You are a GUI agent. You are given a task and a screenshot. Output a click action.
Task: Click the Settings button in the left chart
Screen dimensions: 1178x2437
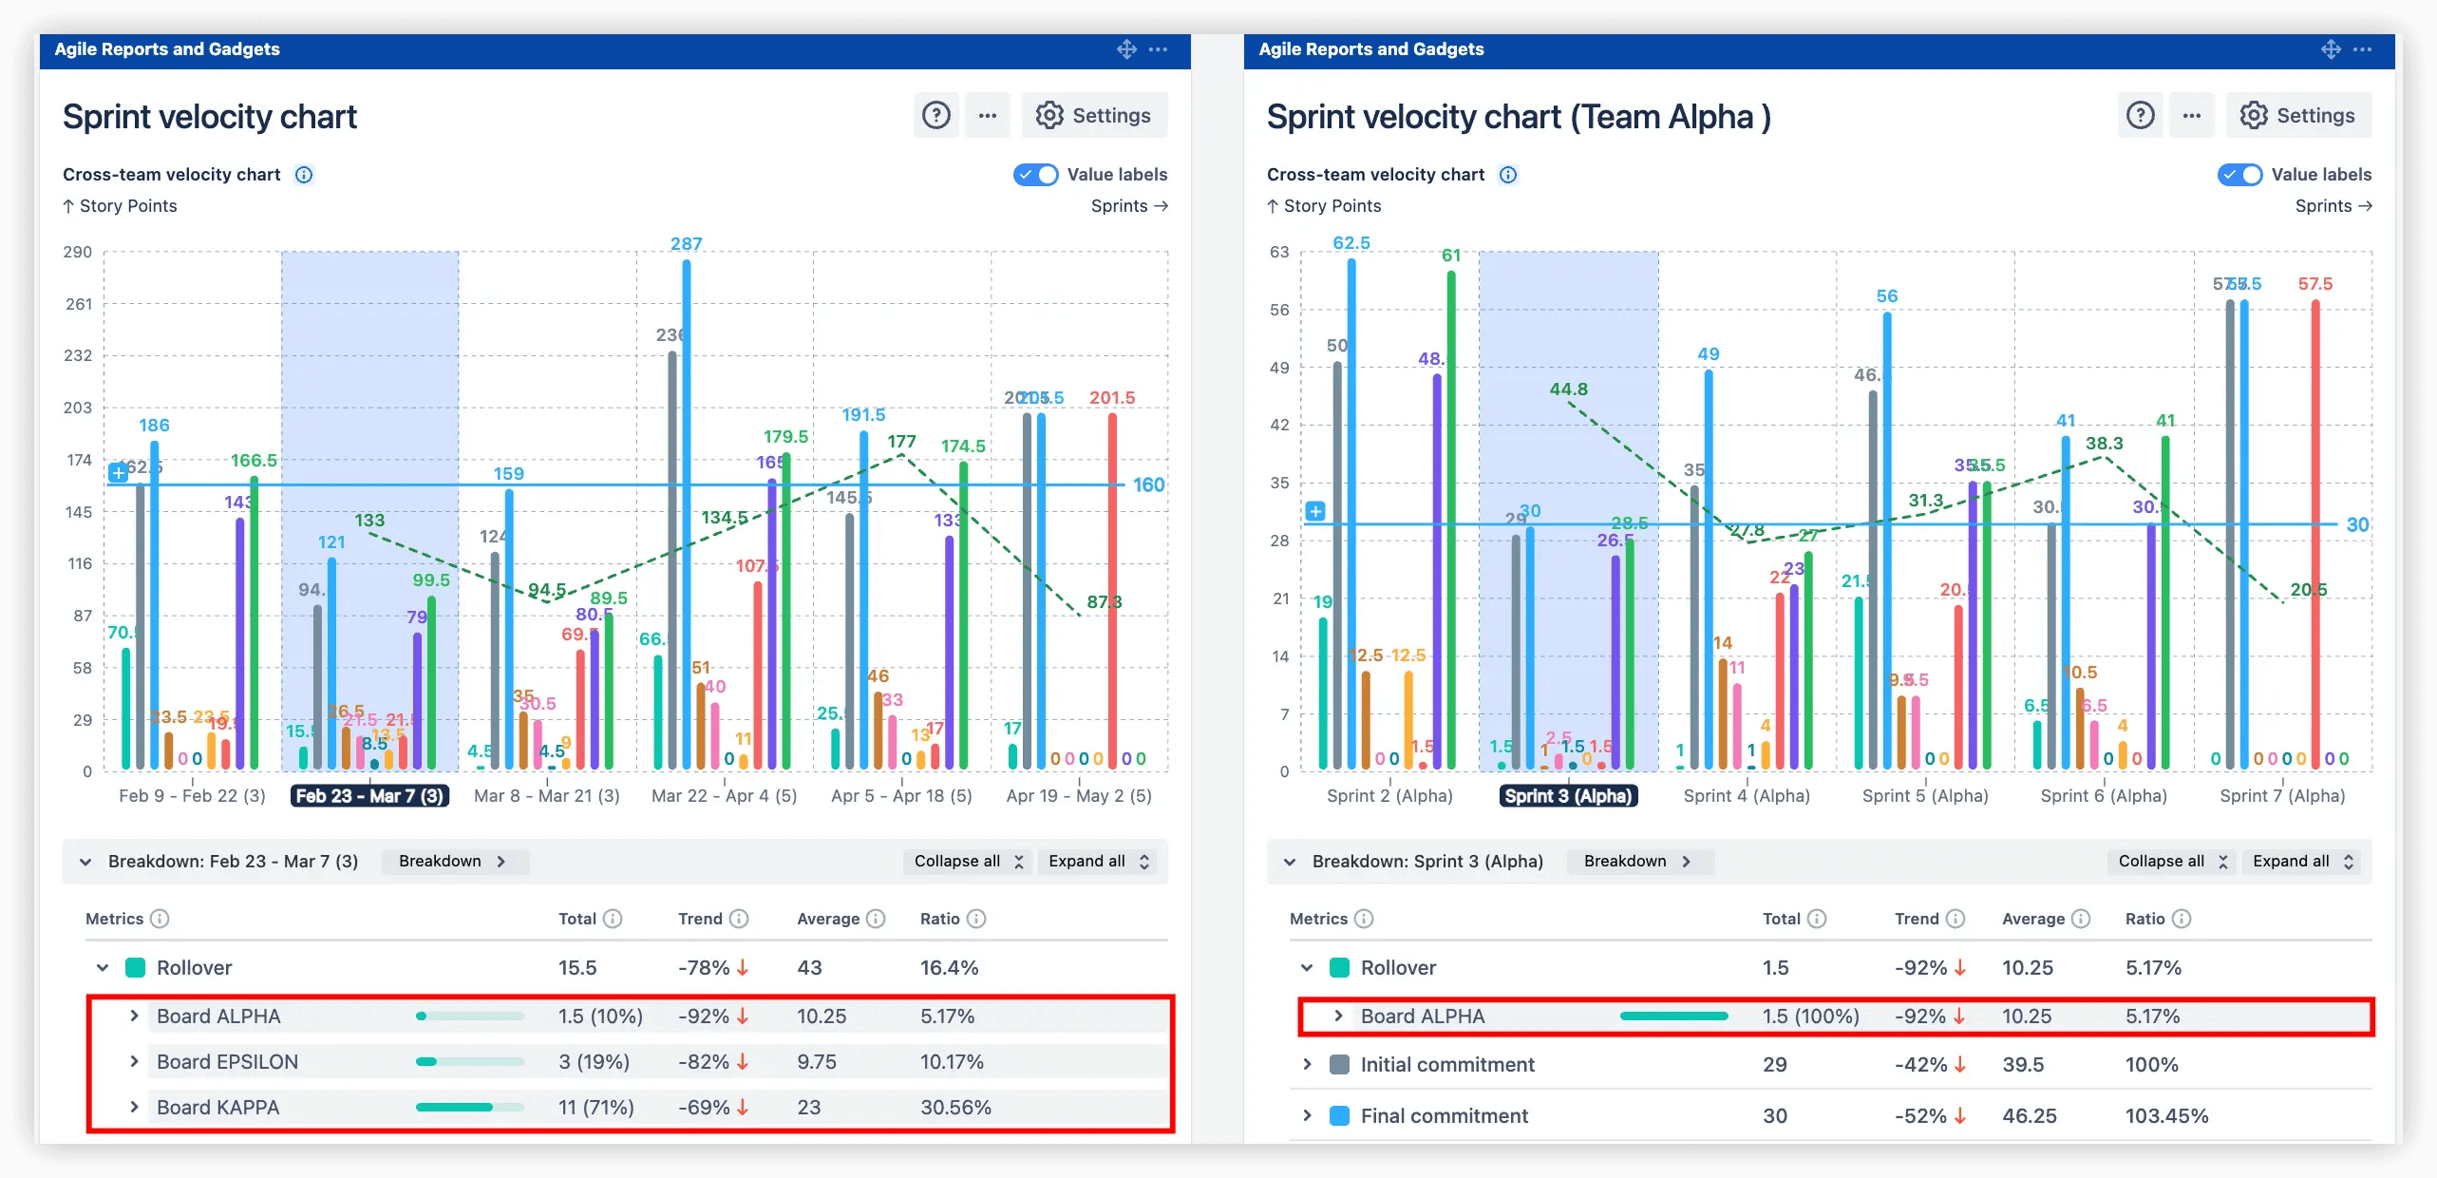tap(1094, 116)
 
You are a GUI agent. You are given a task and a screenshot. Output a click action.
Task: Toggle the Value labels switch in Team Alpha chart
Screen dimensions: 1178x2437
tap(2239, 175)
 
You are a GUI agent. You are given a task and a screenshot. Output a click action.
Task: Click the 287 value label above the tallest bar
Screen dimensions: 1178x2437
tap(686, 244)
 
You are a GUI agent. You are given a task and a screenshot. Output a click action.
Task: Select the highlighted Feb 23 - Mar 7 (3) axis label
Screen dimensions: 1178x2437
tap(369, 796)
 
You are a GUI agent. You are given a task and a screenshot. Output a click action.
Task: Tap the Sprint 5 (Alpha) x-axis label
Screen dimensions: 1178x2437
tap(1924, 796)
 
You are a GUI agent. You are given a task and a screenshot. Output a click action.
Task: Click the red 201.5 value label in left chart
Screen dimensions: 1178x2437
tap(1111, 398)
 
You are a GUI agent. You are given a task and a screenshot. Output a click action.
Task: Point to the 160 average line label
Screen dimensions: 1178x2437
tap(1148, 485)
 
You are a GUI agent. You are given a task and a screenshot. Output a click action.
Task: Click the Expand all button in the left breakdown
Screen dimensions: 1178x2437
tap(1098, 862)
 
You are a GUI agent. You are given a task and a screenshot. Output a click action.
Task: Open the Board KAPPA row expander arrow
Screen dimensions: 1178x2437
tap(134, 1107)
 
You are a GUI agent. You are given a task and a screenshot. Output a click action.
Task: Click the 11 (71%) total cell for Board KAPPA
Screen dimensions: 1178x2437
tap(595, 1108)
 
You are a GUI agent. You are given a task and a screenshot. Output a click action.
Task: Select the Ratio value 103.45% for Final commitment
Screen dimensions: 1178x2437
tap(2166, 1116)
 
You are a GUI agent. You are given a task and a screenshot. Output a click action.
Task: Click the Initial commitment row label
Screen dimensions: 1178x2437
tap(1446, 1065)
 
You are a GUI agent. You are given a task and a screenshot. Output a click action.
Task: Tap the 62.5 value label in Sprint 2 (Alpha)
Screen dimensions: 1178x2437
tap(1351, 243)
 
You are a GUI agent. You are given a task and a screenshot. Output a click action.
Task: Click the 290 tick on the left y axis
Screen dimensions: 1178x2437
tap(78, 253)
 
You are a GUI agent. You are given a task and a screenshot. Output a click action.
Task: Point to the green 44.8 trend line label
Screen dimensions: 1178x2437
tap(1568, 389)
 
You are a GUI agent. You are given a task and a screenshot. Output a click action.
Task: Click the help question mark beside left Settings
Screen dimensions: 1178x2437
tap(935, 116)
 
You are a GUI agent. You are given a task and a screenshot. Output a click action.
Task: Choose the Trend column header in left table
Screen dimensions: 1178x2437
tap(700, 919)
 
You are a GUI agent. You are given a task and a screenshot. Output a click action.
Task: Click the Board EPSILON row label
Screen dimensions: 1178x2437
tap(227, 1062)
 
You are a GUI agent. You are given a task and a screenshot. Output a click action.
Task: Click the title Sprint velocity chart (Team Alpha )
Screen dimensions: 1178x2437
tap(1518, 117)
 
